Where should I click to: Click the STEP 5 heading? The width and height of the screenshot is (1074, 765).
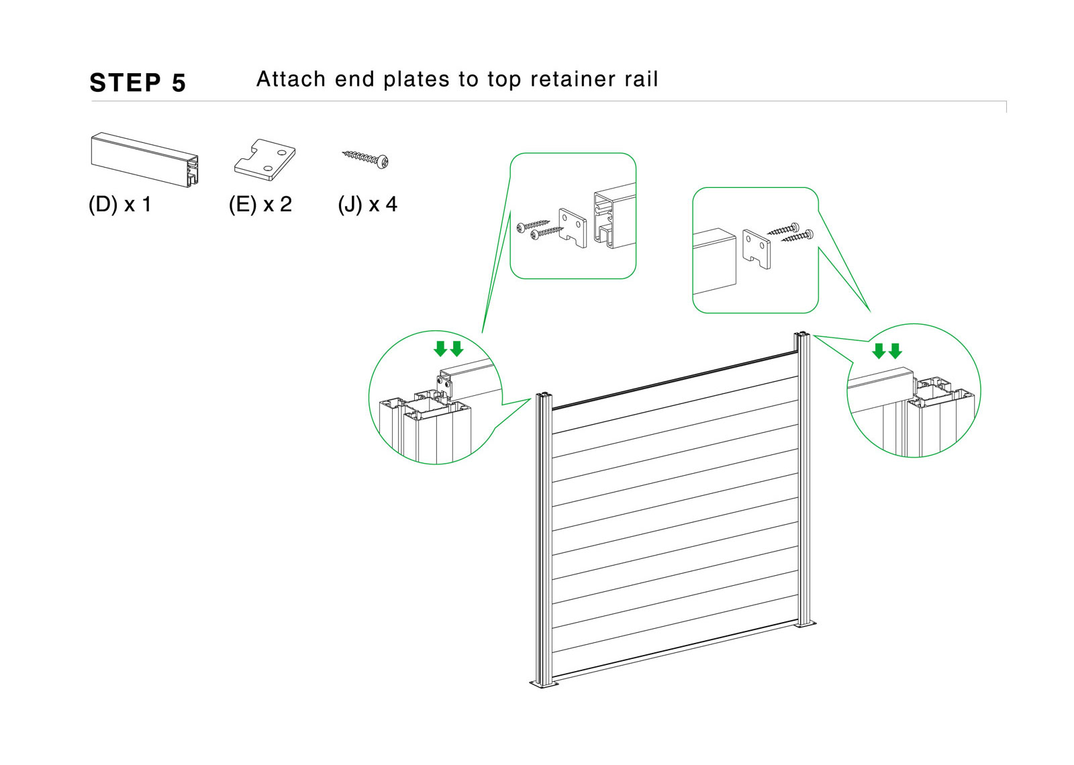tap(138, 83)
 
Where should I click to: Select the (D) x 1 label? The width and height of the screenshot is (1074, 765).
tap(120, 204)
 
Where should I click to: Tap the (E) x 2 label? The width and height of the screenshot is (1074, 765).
tap(260, 204)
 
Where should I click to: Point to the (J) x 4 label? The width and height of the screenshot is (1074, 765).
tap(367, 204)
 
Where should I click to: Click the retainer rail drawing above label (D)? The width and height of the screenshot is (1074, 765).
tap(144, 160)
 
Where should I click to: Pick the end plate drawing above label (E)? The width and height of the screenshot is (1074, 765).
tap(265, 160)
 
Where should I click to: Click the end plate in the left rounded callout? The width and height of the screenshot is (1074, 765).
tap(572, 226)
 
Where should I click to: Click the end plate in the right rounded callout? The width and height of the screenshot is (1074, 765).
tap(756, 248)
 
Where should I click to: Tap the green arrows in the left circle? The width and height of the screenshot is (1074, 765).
tap(448, 348)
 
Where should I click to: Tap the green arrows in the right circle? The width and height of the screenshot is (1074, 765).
tap(887, 351)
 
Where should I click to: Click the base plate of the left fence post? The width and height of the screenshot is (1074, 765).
tap(544, 684)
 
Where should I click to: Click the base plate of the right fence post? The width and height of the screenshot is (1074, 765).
tap(805, 624)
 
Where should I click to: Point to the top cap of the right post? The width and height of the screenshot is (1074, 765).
tap(802, 334)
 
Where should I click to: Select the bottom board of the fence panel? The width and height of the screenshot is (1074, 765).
tap(675, 651)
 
